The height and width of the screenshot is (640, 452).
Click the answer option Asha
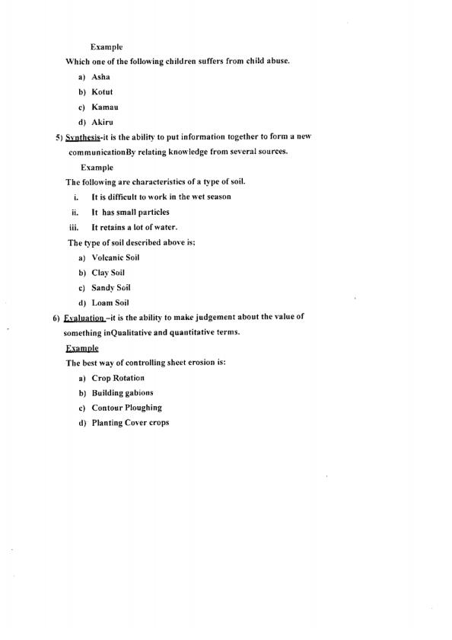tap(100, 78)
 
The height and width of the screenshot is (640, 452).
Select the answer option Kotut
tap(102, 92)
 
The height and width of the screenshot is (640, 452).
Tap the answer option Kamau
tap(104, 107)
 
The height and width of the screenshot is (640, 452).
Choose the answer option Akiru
tap(102, 122)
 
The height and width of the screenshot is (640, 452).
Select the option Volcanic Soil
tap(115, 258)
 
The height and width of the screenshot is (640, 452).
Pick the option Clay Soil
tap(108, 273)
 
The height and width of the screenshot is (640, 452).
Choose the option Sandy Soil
tap(111, 287)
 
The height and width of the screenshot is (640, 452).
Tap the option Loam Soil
tap(110, 302)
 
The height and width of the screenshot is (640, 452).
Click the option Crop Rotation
tap(118, 378)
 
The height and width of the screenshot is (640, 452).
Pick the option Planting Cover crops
tap(130, 423)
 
